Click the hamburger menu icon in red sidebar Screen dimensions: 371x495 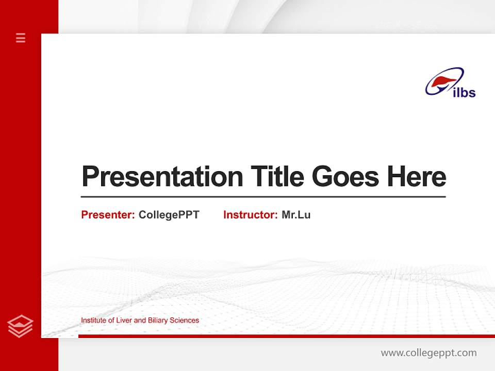click(21, 38)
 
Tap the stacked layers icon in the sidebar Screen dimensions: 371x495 click(20, 326)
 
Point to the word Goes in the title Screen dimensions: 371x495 click(345, 177)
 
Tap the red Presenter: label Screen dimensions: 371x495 click(108, 215)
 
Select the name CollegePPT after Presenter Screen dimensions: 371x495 click(169, 215)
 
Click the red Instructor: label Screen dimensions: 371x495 click(250, 215)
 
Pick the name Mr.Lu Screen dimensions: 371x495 click(296, 215)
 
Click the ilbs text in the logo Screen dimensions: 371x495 click(464, 93)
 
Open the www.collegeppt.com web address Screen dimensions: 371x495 click(428, 353)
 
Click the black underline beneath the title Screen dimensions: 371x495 click(263, 196)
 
